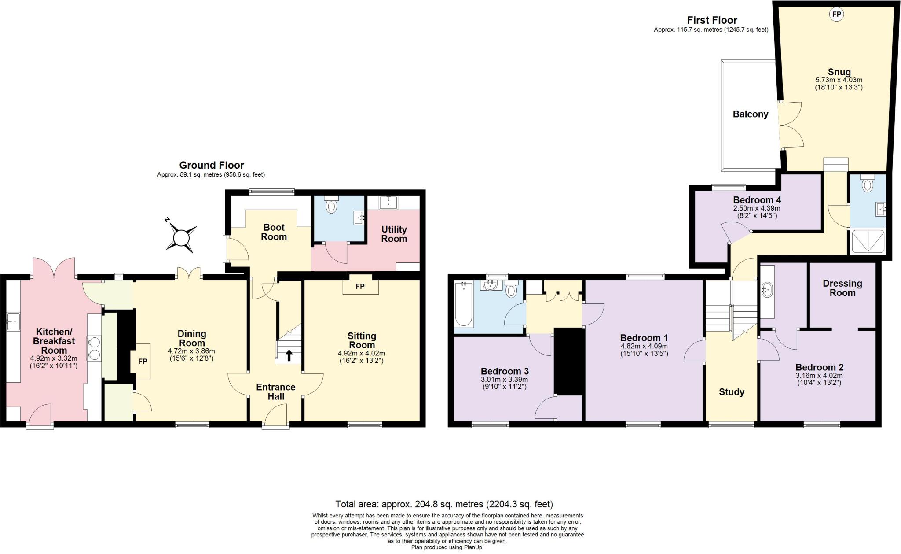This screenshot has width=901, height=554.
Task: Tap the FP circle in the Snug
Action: click(x=836, y=15)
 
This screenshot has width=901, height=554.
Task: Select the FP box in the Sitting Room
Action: click(x=360, y=286)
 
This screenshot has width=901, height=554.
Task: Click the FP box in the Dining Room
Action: click(x=142, y=362)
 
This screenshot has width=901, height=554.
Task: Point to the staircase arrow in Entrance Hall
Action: click(x=289, y=355)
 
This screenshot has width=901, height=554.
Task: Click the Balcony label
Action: click(x=750, y=114)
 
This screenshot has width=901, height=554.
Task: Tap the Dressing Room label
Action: click(x=842, y=288)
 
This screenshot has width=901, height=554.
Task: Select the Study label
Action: click(x=731, y=392)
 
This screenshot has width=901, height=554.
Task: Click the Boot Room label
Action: click(x=274, y=232)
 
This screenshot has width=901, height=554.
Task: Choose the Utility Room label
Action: click(x=394, y=234)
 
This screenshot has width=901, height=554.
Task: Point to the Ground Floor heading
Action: click(x=211, y=165)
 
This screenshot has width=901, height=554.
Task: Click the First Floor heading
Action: click(x=712, y=20)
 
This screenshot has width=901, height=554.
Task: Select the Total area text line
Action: click(x=444, y=504)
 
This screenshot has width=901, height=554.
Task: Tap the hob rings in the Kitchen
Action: click(x=94, y=347)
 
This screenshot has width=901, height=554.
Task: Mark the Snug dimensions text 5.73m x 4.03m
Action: click(x=839, y=80)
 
